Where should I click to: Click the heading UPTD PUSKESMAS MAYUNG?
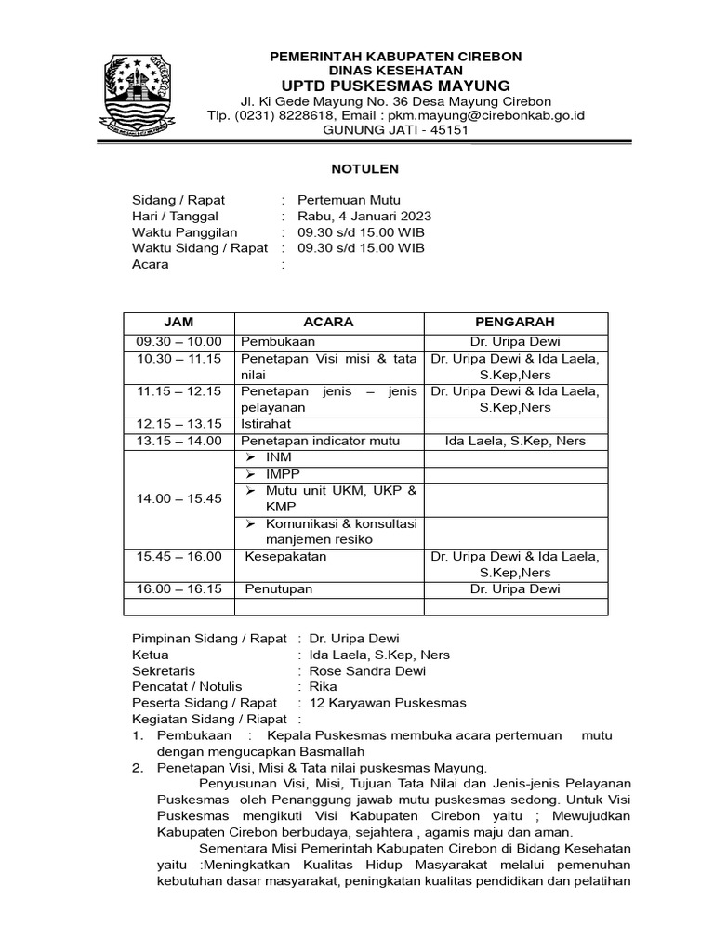coord(395,86)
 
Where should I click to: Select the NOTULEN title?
coord(365,169)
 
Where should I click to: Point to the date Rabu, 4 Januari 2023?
coord(364,216)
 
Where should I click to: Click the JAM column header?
coord(178,322)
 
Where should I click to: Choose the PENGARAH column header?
coord(515,322)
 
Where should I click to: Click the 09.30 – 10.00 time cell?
coord(178,341)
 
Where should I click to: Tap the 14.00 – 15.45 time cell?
coord(178,498)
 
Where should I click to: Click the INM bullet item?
coord(279,457)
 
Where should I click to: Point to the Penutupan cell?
coord(279,588)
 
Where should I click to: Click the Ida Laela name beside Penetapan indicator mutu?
coord(515,441)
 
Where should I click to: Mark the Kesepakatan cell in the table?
coord(287,556)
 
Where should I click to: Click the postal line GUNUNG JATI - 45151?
coord(395,130)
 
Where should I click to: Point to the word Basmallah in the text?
coord(325,750)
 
